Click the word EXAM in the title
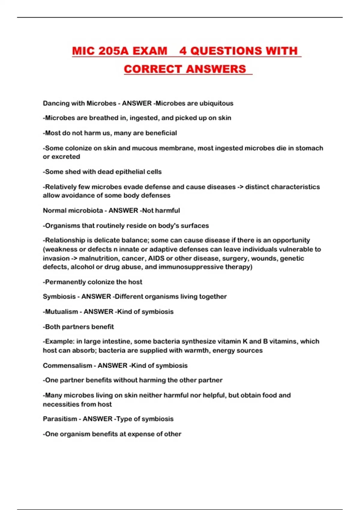click(150, 51)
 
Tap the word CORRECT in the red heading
click(153, 69)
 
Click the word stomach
click(309, 148)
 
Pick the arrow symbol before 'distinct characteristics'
click(240, 187)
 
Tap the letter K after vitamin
click(245, 341)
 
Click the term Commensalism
click(67, 365)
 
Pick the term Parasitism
click(60, 419)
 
